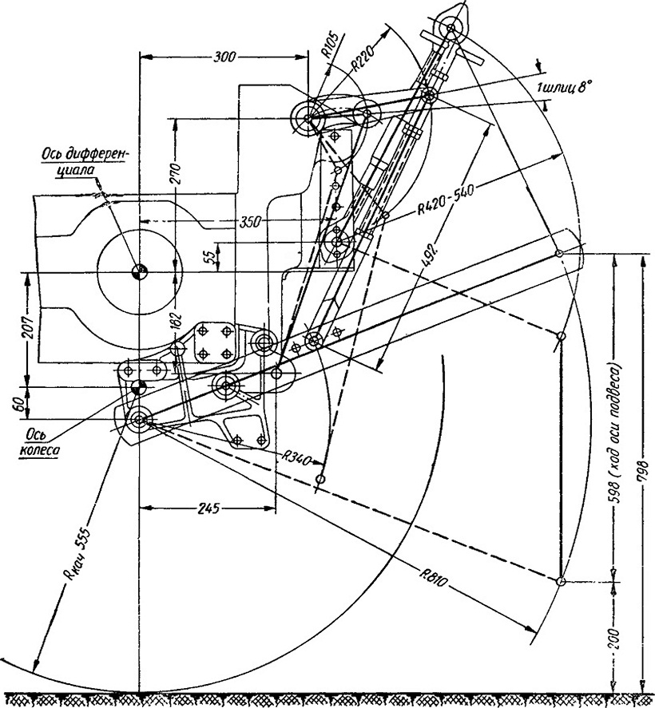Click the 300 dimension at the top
pyautogui.click(x=224, y=57)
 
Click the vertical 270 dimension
pyautogui.click(x=176, y=174)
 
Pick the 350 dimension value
pyautogui.click(x=249, y=222)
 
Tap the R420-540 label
pyautogui.click(x=445, y=200)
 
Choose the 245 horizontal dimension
pyautogui.click(x=209, y=508)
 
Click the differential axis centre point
pyautogui.click(x=140, y=272)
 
